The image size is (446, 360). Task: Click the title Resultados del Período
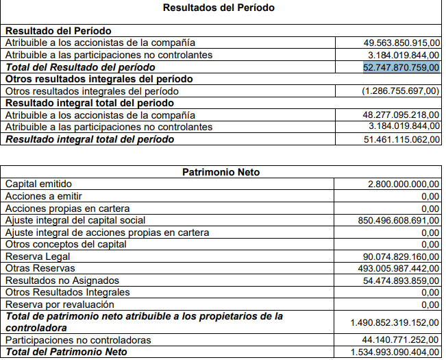click(219, 8)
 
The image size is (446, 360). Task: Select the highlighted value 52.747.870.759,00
click(401, 67)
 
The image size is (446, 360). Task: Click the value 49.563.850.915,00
click(401, 43)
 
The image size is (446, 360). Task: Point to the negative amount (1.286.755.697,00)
click(400, 91)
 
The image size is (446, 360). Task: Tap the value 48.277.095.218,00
click(401, 115)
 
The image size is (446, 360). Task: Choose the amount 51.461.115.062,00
click(401, 139)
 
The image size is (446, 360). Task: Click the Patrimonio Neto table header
click(221, 172)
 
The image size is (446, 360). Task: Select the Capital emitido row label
click(38, 184)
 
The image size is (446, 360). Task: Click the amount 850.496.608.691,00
click(398, 221)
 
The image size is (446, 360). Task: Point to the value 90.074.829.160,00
click(401, 256)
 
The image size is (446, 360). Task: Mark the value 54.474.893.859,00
click(401, 280)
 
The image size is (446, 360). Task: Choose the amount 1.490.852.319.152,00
click(394, 322)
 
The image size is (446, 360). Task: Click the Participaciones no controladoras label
click(78, 340)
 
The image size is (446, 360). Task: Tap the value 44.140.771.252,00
click(401, 340)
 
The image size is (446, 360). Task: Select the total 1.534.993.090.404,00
click(394, 352)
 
